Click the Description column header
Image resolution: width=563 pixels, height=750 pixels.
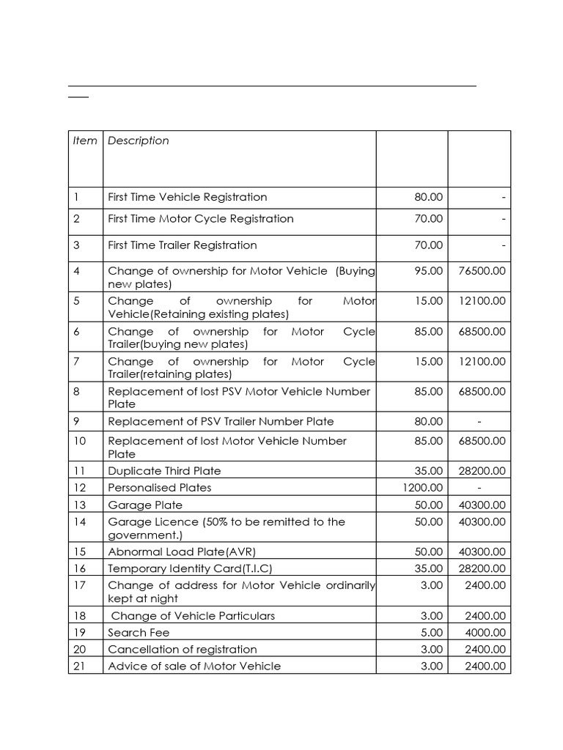click(138, 141)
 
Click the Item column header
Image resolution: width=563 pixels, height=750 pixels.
click(85, 141)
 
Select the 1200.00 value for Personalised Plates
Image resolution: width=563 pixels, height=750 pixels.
click(421, 488)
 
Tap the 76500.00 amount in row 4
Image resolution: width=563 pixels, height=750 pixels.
click(482, 271)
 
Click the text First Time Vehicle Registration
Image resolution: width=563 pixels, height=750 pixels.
click(187, 197)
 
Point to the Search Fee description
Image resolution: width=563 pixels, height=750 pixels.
click(139, 633)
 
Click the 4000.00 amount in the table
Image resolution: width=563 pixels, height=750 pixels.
click(485, 633)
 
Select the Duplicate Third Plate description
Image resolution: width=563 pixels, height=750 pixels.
click(164, 471)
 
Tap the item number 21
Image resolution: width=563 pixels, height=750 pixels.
click(79, 666)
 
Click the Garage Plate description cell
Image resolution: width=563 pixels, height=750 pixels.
click(145, 505)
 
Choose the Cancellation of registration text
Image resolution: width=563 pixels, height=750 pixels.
click(182, 650)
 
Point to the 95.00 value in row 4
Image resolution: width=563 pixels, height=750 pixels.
click(428, 271)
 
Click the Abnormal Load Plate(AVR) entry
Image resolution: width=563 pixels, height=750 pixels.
click(182, 552)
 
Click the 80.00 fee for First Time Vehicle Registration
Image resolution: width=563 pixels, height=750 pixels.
click(428, 197)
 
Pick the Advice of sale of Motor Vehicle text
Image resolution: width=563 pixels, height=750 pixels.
click(194, 666)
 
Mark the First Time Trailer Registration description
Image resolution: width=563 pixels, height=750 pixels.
click(182, 245)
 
